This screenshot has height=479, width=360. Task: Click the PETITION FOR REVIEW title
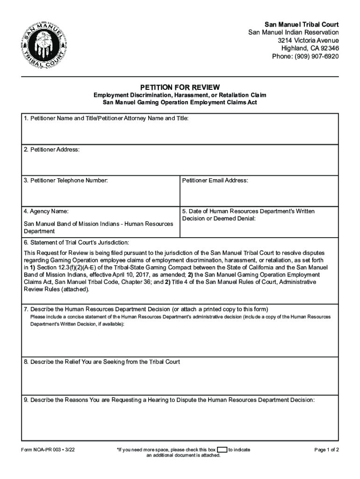click(180, 87)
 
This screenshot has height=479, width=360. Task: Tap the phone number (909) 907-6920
click(305, 57)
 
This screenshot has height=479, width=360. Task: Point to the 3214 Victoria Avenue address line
click(308, 41)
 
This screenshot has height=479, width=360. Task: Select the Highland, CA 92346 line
click(310, 49)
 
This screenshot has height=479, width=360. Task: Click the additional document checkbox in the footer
click(222, 450)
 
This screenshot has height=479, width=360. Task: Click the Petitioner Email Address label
click(215, 181)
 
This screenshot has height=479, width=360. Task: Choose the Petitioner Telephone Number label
click(66, 181)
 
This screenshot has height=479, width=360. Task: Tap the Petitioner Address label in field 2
click(52, 150)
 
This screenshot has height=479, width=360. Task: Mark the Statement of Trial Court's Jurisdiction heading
click(76, 243)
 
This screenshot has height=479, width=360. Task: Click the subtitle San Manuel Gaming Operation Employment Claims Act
click(180, 102)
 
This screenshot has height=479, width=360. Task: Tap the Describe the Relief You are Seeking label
click(102, 362)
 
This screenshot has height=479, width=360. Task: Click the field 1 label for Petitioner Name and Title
click(107, 119)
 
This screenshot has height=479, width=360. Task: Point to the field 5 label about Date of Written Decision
click(248, 215)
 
